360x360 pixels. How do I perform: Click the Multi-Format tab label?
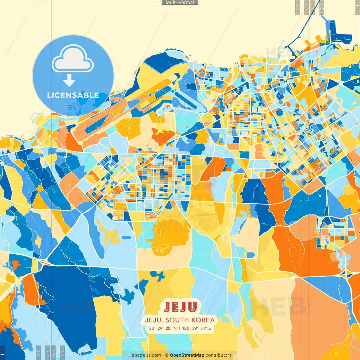click(x=180, y=3)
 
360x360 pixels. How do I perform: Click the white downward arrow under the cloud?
click(x=69, y=81)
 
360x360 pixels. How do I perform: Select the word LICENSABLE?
click(x=73, y=95)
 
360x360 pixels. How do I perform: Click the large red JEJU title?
click(x=180, y=307)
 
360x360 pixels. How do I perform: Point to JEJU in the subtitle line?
click(x=153, y=320)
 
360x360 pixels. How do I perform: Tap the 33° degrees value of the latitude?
click(x=152, y=328)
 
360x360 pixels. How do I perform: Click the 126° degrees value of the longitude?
click(x=186, y=328)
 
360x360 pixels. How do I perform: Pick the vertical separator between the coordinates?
click(x=179, y=328)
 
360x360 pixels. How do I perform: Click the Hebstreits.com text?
click(x=145, y=355)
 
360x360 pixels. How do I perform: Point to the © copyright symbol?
click(x=167, y=355)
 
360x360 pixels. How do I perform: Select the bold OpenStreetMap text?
click(x=187, y=355)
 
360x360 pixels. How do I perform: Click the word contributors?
click(x=219, y=355)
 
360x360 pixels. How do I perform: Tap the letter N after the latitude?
click(x=175, y=328)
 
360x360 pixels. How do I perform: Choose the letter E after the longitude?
click(x=209, y=328)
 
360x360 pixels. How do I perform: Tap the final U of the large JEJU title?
click(x=192, y=307)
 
